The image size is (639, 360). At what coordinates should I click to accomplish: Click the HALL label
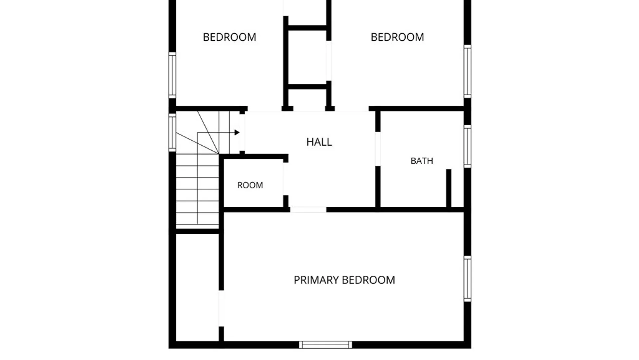pos(319,142)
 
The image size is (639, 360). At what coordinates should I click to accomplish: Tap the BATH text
pos(422,161)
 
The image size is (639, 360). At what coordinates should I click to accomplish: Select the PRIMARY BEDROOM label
pos(344,280)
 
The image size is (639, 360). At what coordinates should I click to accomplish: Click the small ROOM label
pos(250,185)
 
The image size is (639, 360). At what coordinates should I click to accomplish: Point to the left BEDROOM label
pos(229,37)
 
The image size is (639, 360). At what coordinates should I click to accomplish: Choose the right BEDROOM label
pos(397,37)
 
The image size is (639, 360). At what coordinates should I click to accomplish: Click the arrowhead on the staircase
pos(237,132)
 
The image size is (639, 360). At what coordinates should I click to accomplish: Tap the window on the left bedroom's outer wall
pos(172,75)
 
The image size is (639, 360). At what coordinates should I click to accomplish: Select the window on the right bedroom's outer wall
pos(467,72)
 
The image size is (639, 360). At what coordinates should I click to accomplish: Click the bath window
pos(467,146)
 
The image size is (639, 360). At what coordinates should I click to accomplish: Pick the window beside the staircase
pos(172,133)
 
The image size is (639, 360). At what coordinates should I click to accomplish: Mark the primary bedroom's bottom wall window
pos(325,345)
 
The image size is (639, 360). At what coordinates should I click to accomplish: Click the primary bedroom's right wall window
pos(467,279)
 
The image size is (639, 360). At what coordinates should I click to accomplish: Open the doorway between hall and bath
pos(378,149)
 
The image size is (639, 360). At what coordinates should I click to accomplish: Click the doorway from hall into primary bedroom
pos(308,210)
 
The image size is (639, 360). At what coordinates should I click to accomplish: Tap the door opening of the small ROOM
pos(285,179)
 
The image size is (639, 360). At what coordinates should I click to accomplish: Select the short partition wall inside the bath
pos(449,188)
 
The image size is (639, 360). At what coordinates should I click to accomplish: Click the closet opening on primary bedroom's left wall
pos(221,308)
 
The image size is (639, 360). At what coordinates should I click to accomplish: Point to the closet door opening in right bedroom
pos(328,61)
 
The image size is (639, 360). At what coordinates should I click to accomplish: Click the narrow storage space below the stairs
pos(197,287)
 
